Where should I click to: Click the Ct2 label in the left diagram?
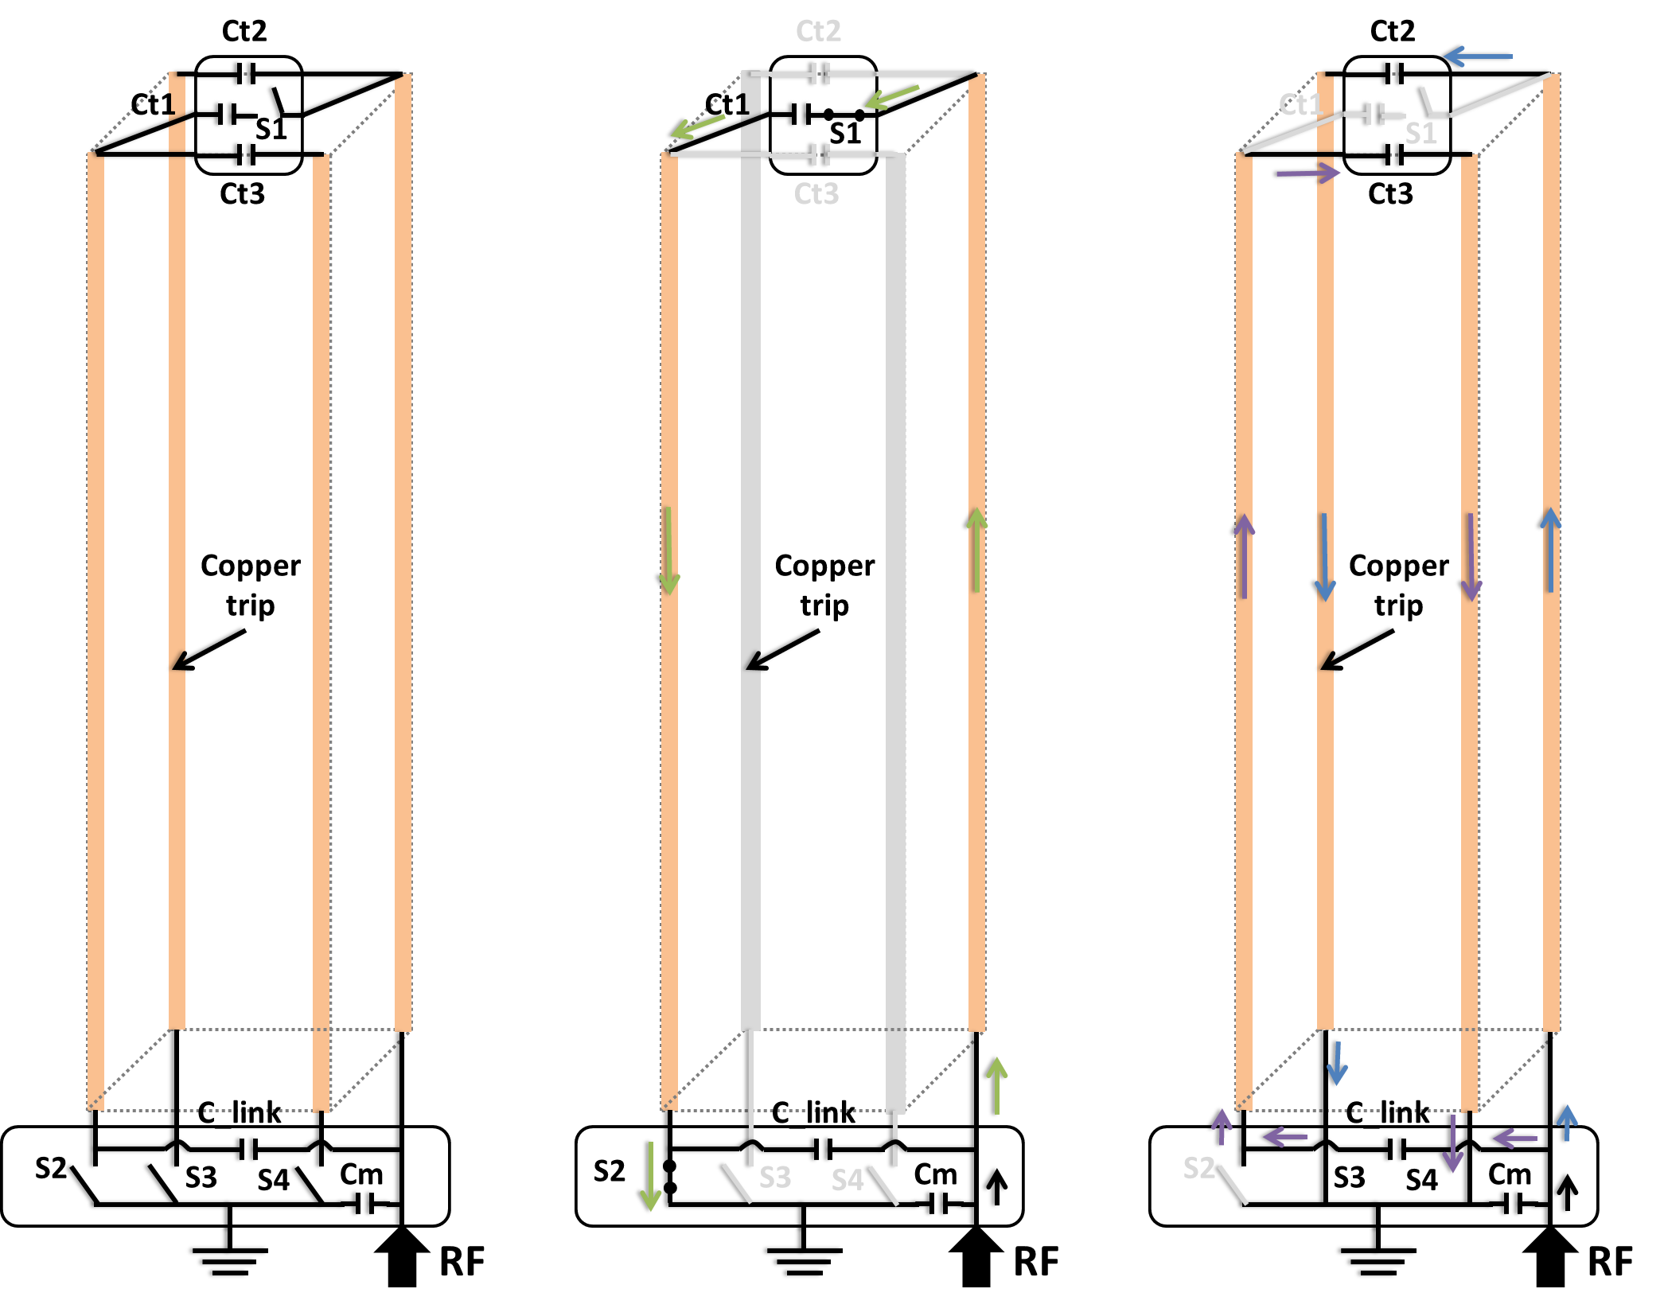(x=244, y=31)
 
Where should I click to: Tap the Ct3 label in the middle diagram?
(x=816, y=194)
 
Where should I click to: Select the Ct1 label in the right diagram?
(x=1300, y=104)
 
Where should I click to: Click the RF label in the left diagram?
(x=462, y=1262)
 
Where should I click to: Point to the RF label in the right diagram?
(x=1610, y=1262)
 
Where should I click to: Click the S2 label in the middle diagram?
(x=610, y=1171)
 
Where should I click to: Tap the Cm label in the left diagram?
(x=361, y=1174)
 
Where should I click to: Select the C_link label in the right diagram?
(x=1388, y=1112)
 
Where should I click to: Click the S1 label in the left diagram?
(x=271, y=129)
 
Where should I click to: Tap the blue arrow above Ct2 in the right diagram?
(x=1476, y=56)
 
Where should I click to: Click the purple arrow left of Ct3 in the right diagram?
(x=1306, y=173)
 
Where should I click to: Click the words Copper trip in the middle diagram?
(x=824, y=585)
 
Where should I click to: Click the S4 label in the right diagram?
(x=1421, y=1180)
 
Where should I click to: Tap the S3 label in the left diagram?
(x=201, y=1178)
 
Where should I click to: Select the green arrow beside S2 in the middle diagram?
(x=650, y=1176)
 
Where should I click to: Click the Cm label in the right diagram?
(x=1509, y=1174)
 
